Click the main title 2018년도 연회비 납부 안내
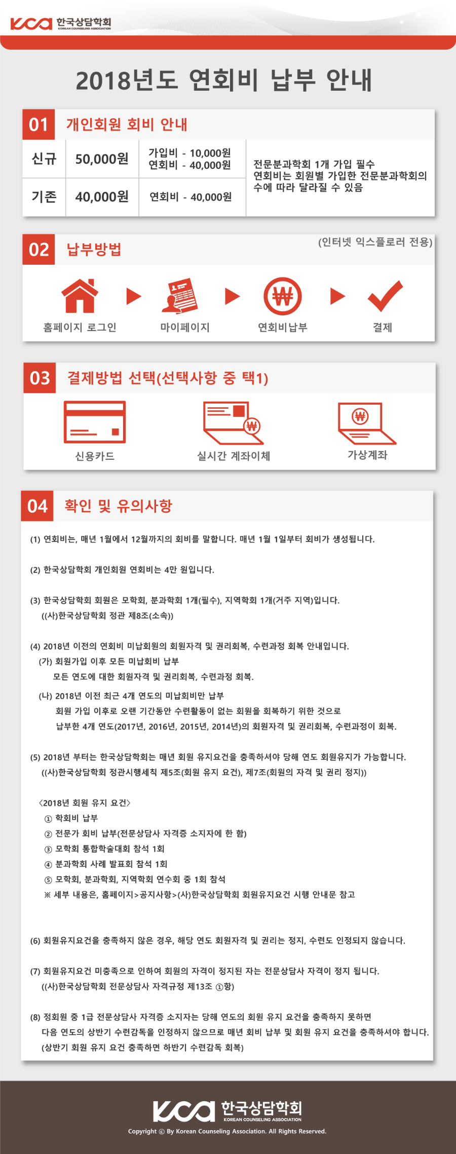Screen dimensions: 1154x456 click(224, 80)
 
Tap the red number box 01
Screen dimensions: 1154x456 click(39, 124)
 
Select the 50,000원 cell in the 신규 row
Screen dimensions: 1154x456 click(102, 159)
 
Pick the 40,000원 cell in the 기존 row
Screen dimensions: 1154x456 click(102, 197)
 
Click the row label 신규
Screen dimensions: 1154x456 click(44, 159)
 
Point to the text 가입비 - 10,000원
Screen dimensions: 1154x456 click(189, 153)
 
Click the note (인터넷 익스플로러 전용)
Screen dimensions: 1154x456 click(375, 242)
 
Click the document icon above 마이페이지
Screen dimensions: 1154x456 click(180, 296)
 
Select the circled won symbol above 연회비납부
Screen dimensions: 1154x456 click(282, 296)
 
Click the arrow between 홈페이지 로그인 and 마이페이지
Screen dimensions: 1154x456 click(134, 296)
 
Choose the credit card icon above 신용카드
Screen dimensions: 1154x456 click(95, 422)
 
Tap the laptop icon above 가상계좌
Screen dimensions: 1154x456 click(366, 423)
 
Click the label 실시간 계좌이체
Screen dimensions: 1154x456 click(233, 456)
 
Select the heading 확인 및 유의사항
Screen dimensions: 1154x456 click(119, 506)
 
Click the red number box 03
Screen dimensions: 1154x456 click(40, 378)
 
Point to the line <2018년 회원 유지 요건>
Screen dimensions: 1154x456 click(85, 803)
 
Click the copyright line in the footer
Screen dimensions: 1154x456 click(227, 1131)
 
